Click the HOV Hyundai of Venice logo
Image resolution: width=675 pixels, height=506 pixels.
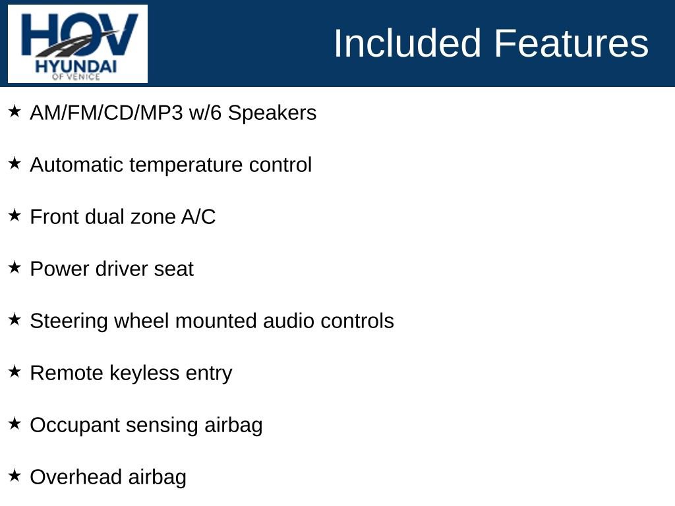(x=78, y=44)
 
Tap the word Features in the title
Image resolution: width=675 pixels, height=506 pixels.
(x=571, y=43)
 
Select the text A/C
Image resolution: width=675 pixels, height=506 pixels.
(x=198, y=217)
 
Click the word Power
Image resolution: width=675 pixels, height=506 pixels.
(x=60, y=269)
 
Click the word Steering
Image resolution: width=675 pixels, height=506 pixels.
(x=69, y=322)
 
